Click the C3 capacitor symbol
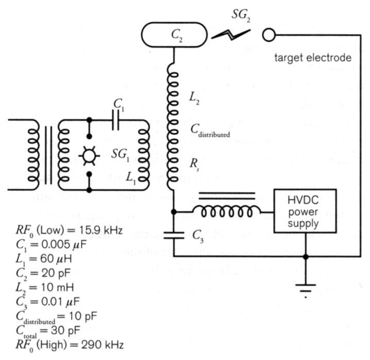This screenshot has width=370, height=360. pos(174,235)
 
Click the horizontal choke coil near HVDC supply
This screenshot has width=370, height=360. pos(226,212)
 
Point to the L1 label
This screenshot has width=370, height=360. pos(132,177)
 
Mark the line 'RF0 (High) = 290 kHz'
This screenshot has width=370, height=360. pos(70,344)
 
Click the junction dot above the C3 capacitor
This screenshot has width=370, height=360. pos(174,212)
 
